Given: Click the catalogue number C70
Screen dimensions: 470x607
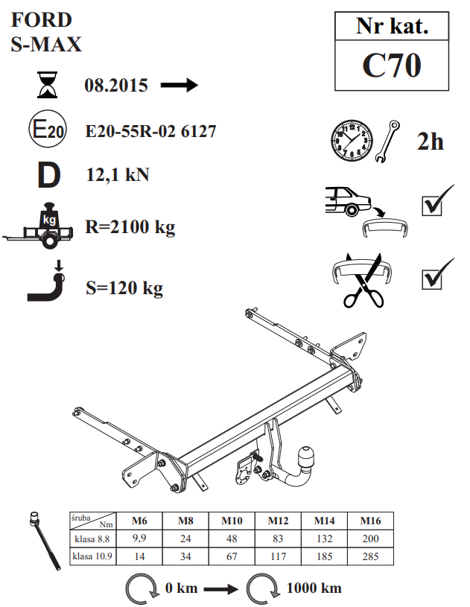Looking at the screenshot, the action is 391,65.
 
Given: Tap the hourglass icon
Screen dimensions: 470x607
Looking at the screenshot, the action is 47,84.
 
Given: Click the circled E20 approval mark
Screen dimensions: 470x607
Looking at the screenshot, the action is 48,129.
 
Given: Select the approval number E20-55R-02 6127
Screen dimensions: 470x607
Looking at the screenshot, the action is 150,131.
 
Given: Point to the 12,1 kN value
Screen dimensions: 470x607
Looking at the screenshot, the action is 118,175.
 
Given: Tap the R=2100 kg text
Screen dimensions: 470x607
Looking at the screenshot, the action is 130,227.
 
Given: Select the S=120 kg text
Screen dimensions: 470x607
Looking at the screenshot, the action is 124,288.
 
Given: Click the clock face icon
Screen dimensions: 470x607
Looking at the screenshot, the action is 352,140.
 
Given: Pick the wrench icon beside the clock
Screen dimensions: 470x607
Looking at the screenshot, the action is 387,141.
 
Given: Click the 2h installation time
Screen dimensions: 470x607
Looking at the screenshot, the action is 430,142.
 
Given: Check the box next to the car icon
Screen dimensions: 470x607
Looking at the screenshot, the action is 432,206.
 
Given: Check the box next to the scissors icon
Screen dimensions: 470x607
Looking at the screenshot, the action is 432,279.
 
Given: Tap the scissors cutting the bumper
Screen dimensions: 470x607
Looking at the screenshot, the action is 363,282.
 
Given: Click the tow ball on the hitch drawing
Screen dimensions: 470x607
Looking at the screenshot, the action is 305,457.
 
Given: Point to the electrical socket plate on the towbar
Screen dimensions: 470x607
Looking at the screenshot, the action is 244,469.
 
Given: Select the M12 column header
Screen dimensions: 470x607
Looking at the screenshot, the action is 278,521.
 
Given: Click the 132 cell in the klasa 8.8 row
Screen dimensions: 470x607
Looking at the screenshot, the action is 324,538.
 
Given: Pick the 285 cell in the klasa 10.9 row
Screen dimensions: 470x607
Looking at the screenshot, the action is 370,556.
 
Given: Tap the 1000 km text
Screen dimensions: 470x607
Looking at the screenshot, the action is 314,588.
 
